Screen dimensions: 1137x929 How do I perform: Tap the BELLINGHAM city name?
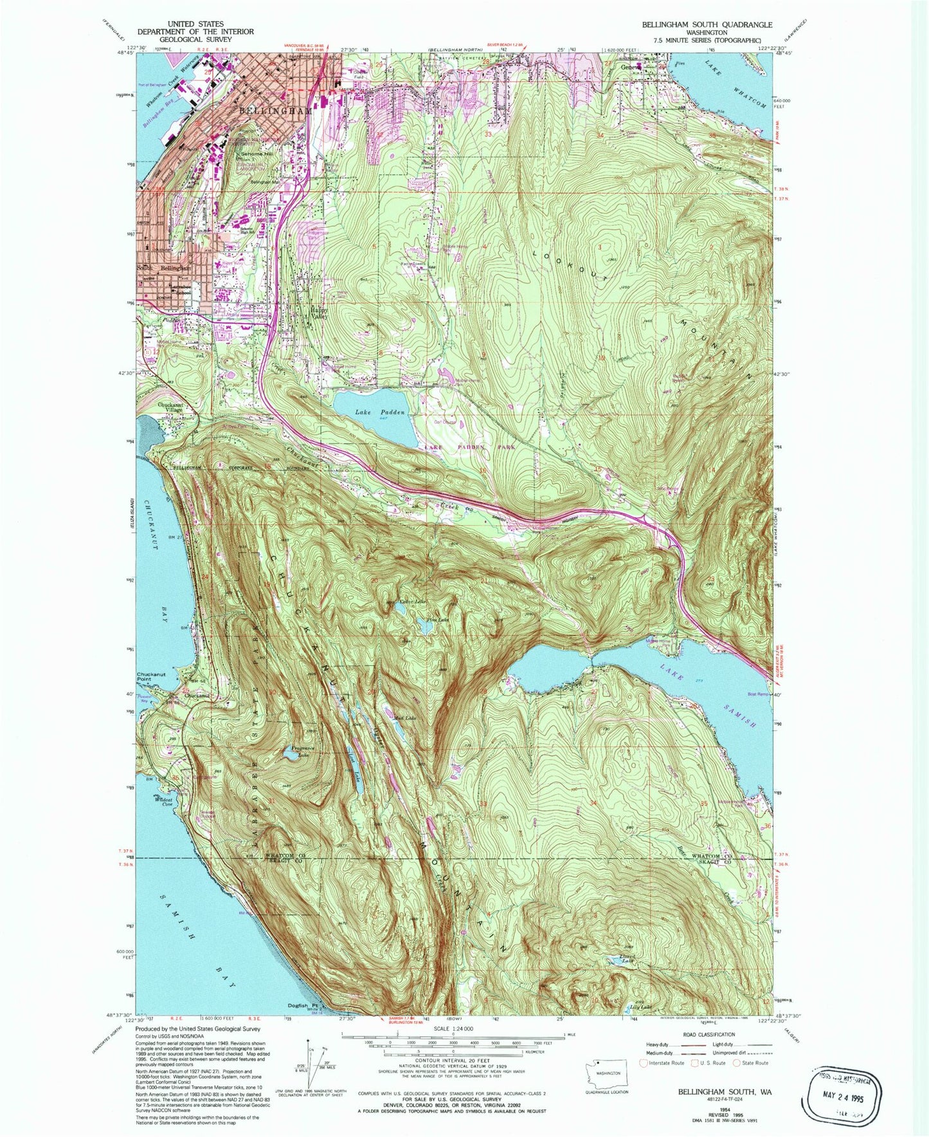coord(275,111)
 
